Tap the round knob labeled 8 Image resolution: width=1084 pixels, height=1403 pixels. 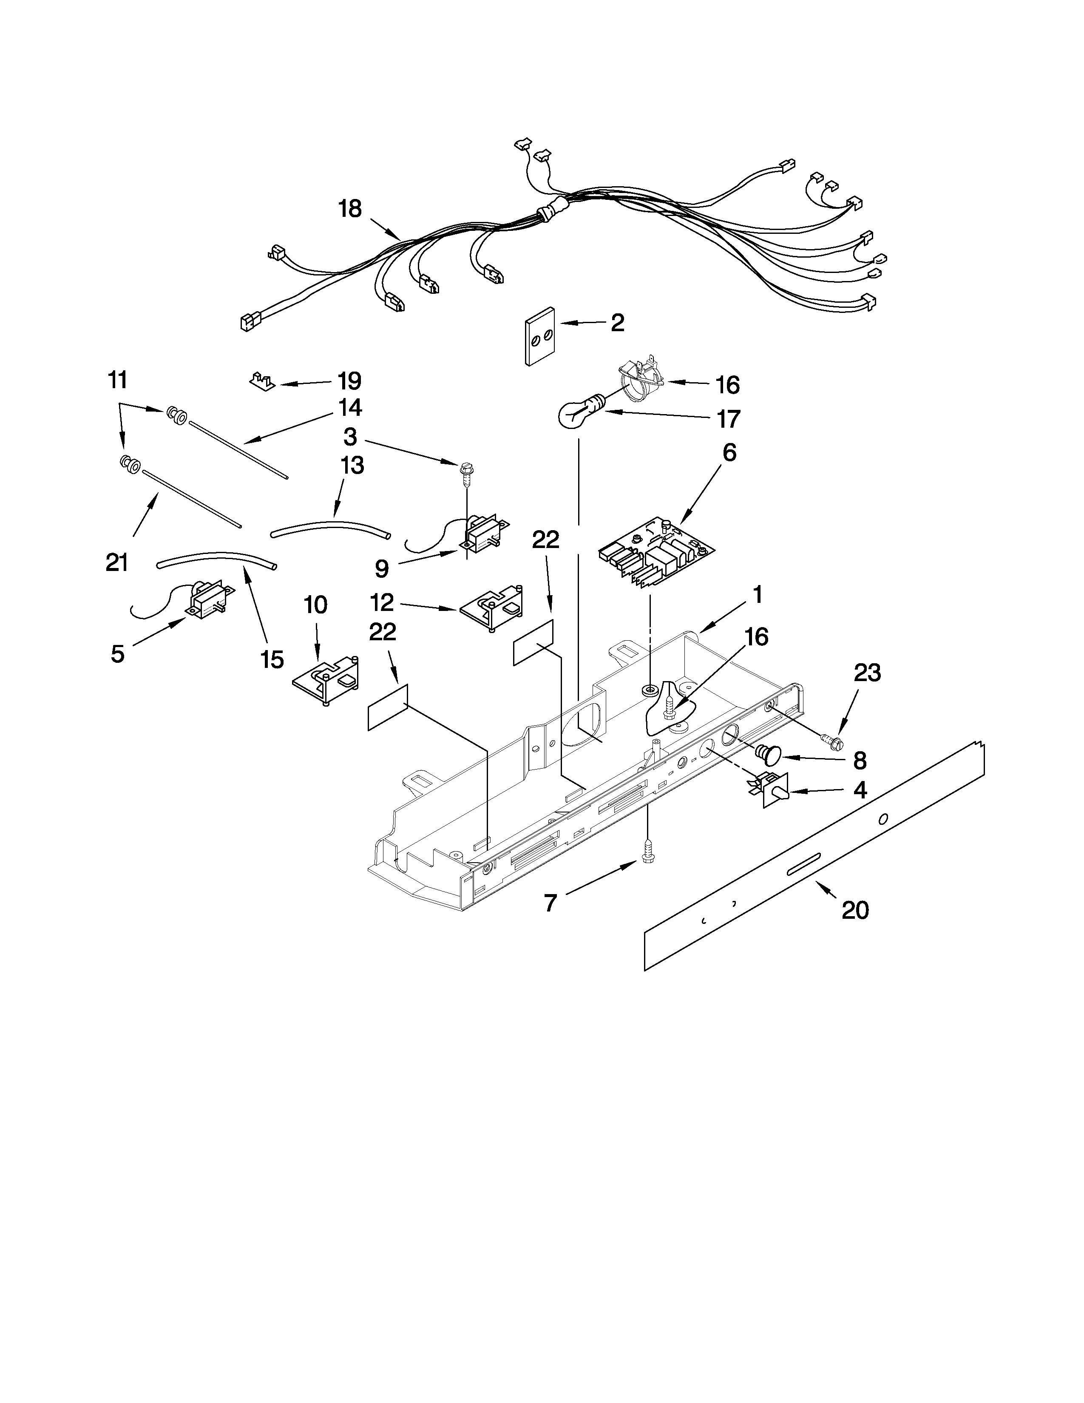(x=767, y=753)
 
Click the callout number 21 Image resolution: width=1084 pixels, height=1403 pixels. (x=117, y=563)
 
